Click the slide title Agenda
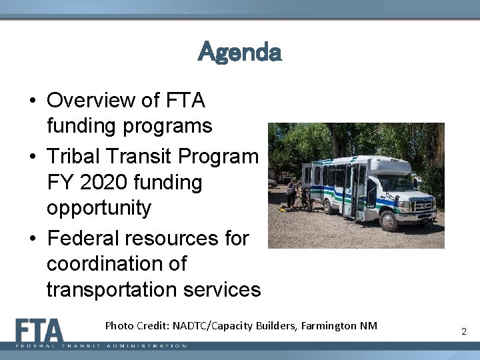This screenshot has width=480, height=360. (240, 51)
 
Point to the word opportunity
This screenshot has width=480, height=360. (99, 208)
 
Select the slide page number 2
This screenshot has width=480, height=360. (463, 331)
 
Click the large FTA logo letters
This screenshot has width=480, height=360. (40, 331)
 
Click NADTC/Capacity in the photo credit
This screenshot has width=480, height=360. (213, 326)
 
